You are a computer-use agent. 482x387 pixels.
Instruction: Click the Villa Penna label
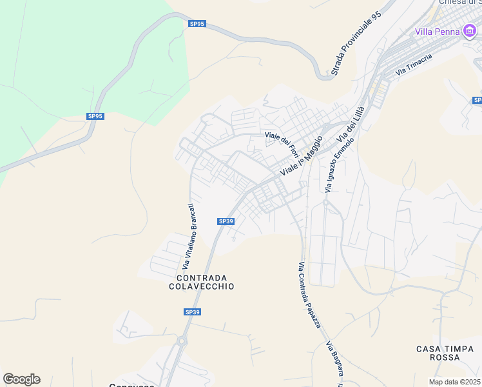click(x=437, y=32)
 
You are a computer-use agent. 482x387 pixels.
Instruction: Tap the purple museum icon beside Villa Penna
click(x=470, y=31)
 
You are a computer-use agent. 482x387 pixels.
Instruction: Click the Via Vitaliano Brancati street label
click(x=188, y=236)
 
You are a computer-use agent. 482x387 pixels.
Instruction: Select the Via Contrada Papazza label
click(x=309, y=294)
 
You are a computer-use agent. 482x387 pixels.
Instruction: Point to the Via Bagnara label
click(x=335, y=360)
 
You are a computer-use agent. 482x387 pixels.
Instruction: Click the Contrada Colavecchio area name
click(x=202, y=281)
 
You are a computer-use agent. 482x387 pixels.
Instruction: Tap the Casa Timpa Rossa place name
click(x=445, y=353)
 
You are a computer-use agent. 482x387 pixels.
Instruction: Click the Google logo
click(x=21, y=379)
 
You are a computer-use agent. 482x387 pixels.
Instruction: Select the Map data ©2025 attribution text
click(x=455, y=382)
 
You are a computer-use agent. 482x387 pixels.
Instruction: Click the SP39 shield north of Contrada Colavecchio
click(x=226, y=221)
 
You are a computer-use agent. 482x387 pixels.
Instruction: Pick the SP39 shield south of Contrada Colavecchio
click(x=192, y=312)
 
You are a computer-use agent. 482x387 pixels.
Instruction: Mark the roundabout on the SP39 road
click(x=182, y=341)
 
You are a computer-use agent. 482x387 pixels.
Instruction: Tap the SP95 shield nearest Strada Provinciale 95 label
click(x=197, y=24)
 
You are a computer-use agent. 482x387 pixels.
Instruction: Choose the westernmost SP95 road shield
click(x=95, y=117)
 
